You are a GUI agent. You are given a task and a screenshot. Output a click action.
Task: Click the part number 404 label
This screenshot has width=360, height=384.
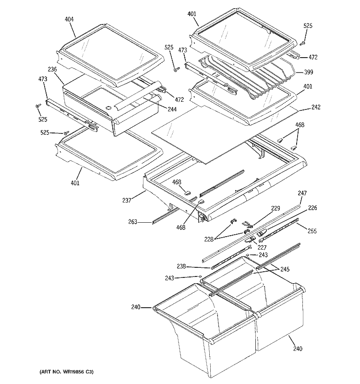[69, 20]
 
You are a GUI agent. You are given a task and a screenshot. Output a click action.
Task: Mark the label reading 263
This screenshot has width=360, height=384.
[132, 222]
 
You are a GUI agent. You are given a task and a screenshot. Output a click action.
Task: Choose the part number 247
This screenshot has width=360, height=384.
[301, 193]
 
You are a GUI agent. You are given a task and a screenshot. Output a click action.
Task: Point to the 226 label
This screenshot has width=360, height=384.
[312, 208]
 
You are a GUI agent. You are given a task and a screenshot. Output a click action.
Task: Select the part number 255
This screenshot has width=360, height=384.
[312, 231]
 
